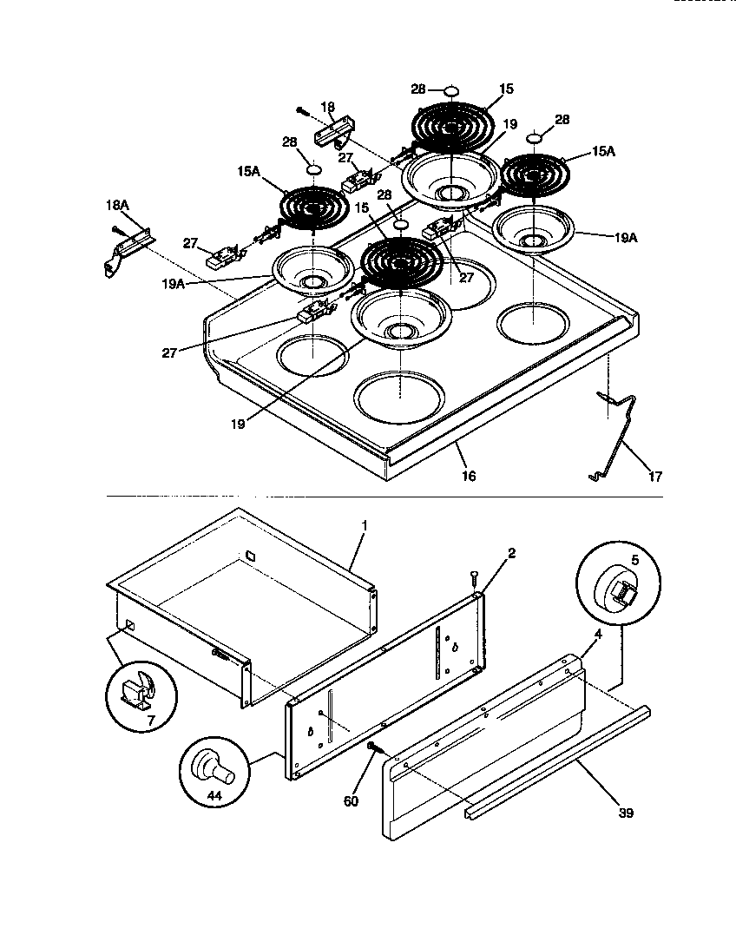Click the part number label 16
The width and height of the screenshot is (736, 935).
click(x=469, y=477)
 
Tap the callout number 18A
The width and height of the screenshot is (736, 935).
click(x=117, y=206)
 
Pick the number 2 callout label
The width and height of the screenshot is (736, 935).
click(x=512, y=554)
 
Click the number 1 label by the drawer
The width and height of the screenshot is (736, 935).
click(x=365, y=526)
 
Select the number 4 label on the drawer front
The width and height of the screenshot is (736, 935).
click(x=597, y=635)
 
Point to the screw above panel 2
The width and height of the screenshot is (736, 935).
click(x=473, y=576)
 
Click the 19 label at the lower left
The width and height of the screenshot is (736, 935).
click(x=238, y=425)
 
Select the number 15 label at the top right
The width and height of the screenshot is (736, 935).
click(x=506, y=89)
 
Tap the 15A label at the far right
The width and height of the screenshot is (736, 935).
click(x=603, y=151)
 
